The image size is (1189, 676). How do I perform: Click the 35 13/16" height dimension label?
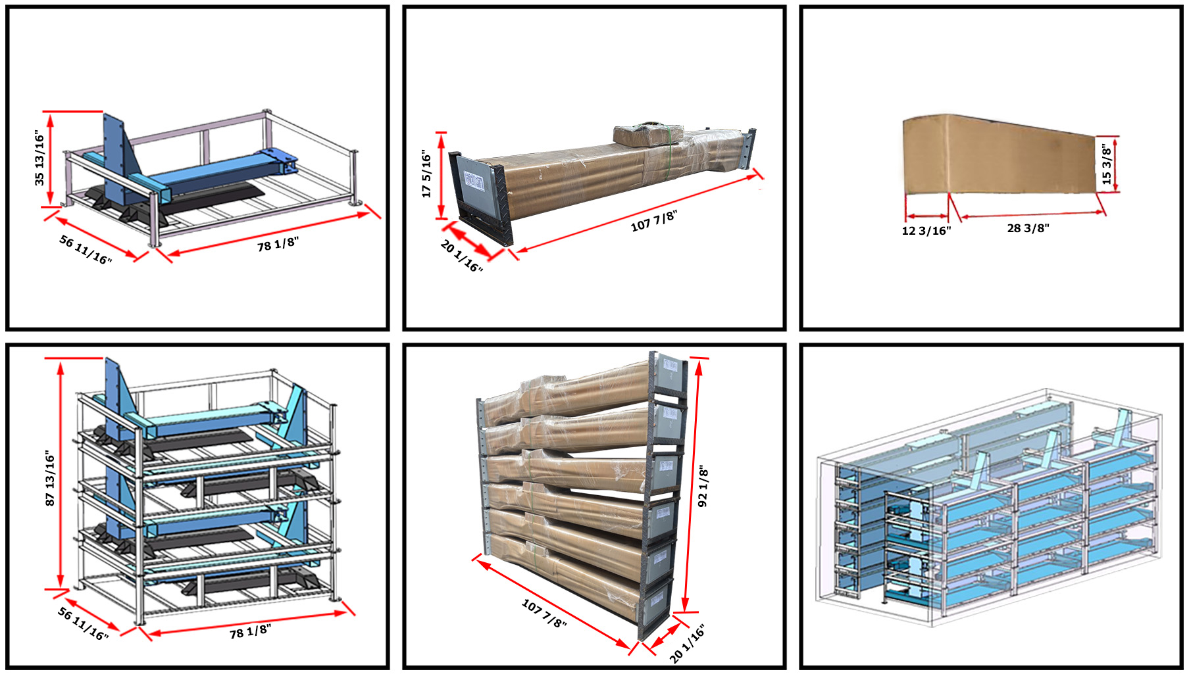coord(40,158)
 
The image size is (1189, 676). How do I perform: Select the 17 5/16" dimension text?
coord(426,174)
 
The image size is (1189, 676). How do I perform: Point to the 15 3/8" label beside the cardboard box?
coord(1107,165)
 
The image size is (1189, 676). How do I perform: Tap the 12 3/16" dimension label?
coord(926,231)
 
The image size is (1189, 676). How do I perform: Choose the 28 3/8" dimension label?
coord(1028,228)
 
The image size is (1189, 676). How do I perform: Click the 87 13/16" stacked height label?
coord(50,478)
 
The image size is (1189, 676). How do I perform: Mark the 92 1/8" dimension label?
coord(703,487)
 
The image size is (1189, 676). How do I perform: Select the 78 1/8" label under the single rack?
coord(278,244)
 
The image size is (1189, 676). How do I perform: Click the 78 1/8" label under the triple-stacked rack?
coord(250,631)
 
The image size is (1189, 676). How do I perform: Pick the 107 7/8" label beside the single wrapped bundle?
coord(653,221)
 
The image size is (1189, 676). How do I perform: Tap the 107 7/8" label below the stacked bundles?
coord(544,613)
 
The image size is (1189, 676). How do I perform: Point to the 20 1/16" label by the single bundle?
coord(461,256)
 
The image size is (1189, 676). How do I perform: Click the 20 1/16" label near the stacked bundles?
coord(688,644)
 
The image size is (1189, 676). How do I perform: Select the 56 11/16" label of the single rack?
coord(86,250)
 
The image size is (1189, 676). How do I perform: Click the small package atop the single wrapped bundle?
coord(646,134)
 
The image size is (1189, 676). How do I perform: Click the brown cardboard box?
coord(999,157)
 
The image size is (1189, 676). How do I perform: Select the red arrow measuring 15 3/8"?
coord(1116,164)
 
